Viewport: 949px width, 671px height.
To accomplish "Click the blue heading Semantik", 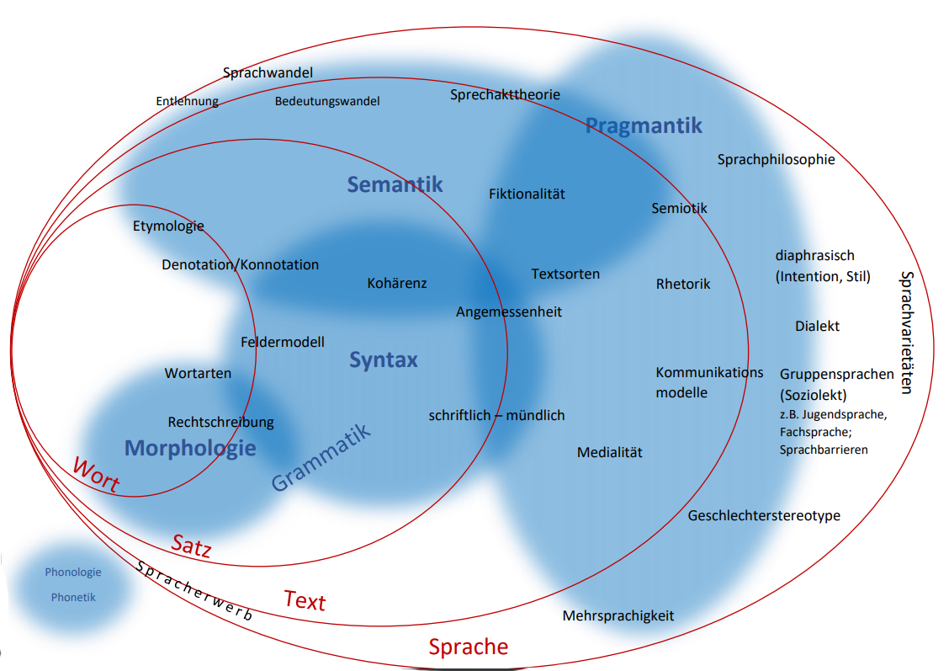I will (x=395, y=184).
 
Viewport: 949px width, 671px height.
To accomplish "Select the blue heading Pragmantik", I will (x=644, y=126).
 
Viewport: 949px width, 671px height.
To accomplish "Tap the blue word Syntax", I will (x=384, y=360).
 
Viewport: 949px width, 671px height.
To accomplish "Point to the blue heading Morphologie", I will (x=190, y=448).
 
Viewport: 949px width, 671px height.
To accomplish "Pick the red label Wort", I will (x=96, y=476).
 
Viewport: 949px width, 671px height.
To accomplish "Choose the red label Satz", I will (x=192, y=545).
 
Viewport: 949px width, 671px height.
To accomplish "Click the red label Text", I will (x=305, y=600).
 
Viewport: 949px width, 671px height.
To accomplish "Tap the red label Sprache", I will (x=469, y=647).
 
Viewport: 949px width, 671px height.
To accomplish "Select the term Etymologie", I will (x=168, y=226).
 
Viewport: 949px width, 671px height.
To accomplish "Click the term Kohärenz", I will (x=397, y=283).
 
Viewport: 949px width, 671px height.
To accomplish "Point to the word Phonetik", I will (x=73, y=597).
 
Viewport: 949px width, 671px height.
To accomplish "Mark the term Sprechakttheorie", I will (x=505, y=94).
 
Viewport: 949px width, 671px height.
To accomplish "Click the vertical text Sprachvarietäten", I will (x=906, y=332).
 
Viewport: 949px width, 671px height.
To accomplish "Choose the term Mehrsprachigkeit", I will (x=618, y=615).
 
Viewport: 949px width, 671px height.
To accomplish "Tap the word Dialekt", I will (x=817, y=326).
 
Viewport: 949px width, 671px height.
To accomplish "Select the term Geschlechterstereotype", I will (x=764, y=515).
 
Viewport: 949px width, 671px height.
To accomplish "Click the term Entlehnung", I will (x=187, y=101).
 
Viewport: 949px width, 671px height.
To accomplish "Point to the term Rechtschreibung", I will (x=220, y=422).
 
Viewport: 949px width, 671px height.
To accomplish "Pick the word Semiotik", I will (x=680, y=208).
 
